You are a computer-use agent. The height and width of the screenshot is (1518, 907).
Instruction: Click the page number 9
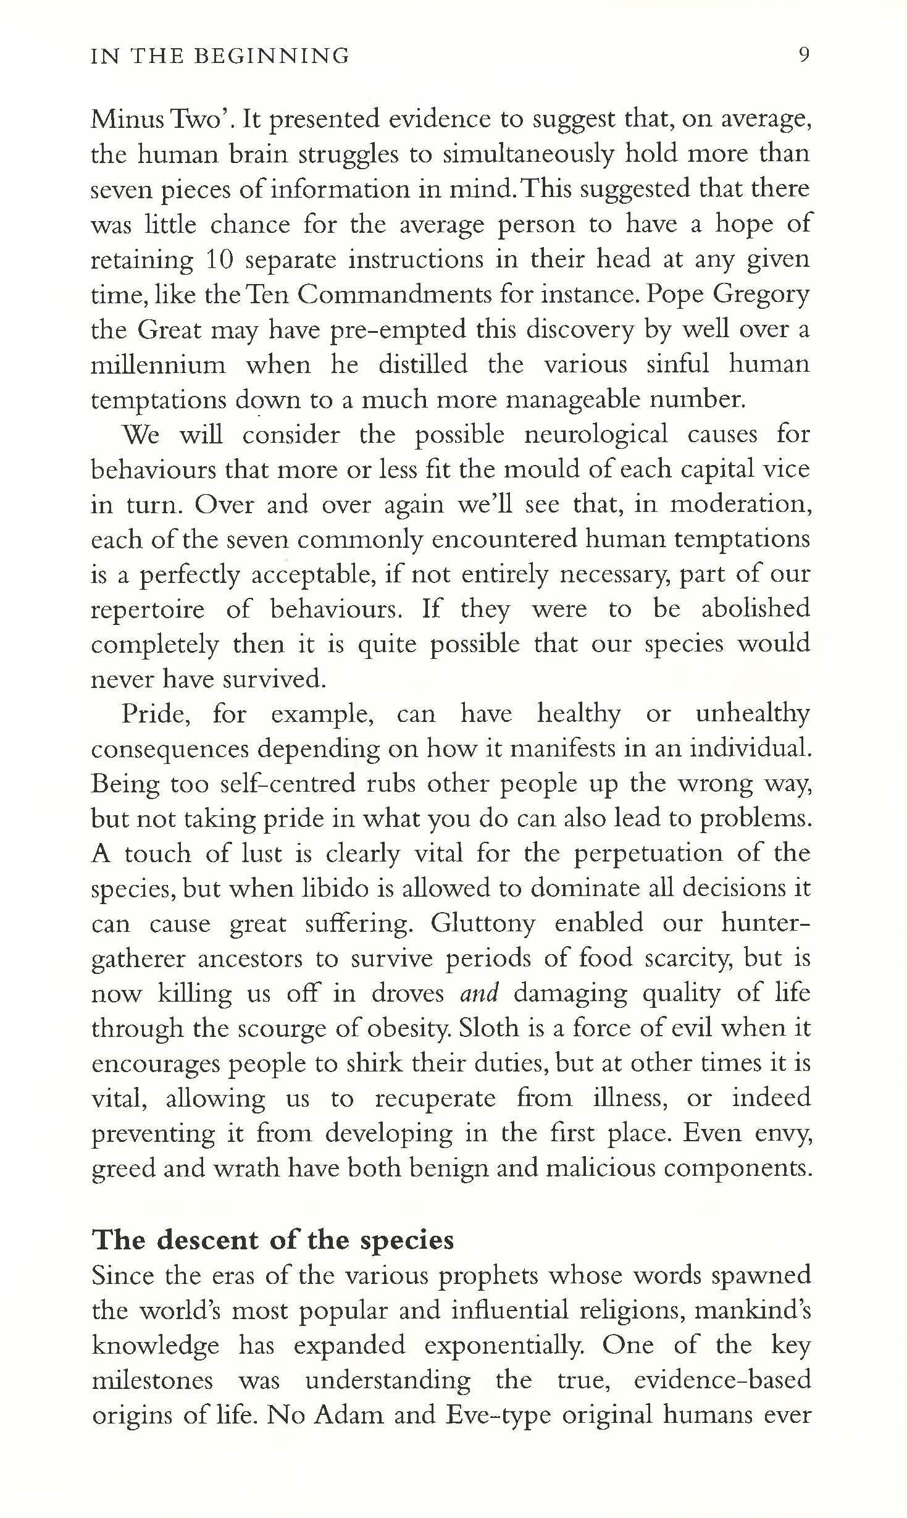[x=803, y=56]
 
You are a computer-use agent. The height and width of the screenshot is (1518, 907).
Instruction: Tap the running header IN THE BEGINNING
[x=220, y=56]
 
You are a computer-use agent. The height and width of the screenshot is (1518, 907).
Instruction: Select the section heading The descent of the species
[x=272, y=1240]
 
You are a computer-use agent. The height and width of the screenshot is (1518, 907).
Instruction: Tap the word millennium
[x=158, y=364]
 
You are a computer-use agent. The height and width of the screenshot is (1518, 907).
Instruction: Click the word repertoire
[x=148, y=610]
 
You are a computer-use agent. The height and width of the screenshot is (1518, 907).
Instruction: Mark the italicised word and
[x=479, y=994]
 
